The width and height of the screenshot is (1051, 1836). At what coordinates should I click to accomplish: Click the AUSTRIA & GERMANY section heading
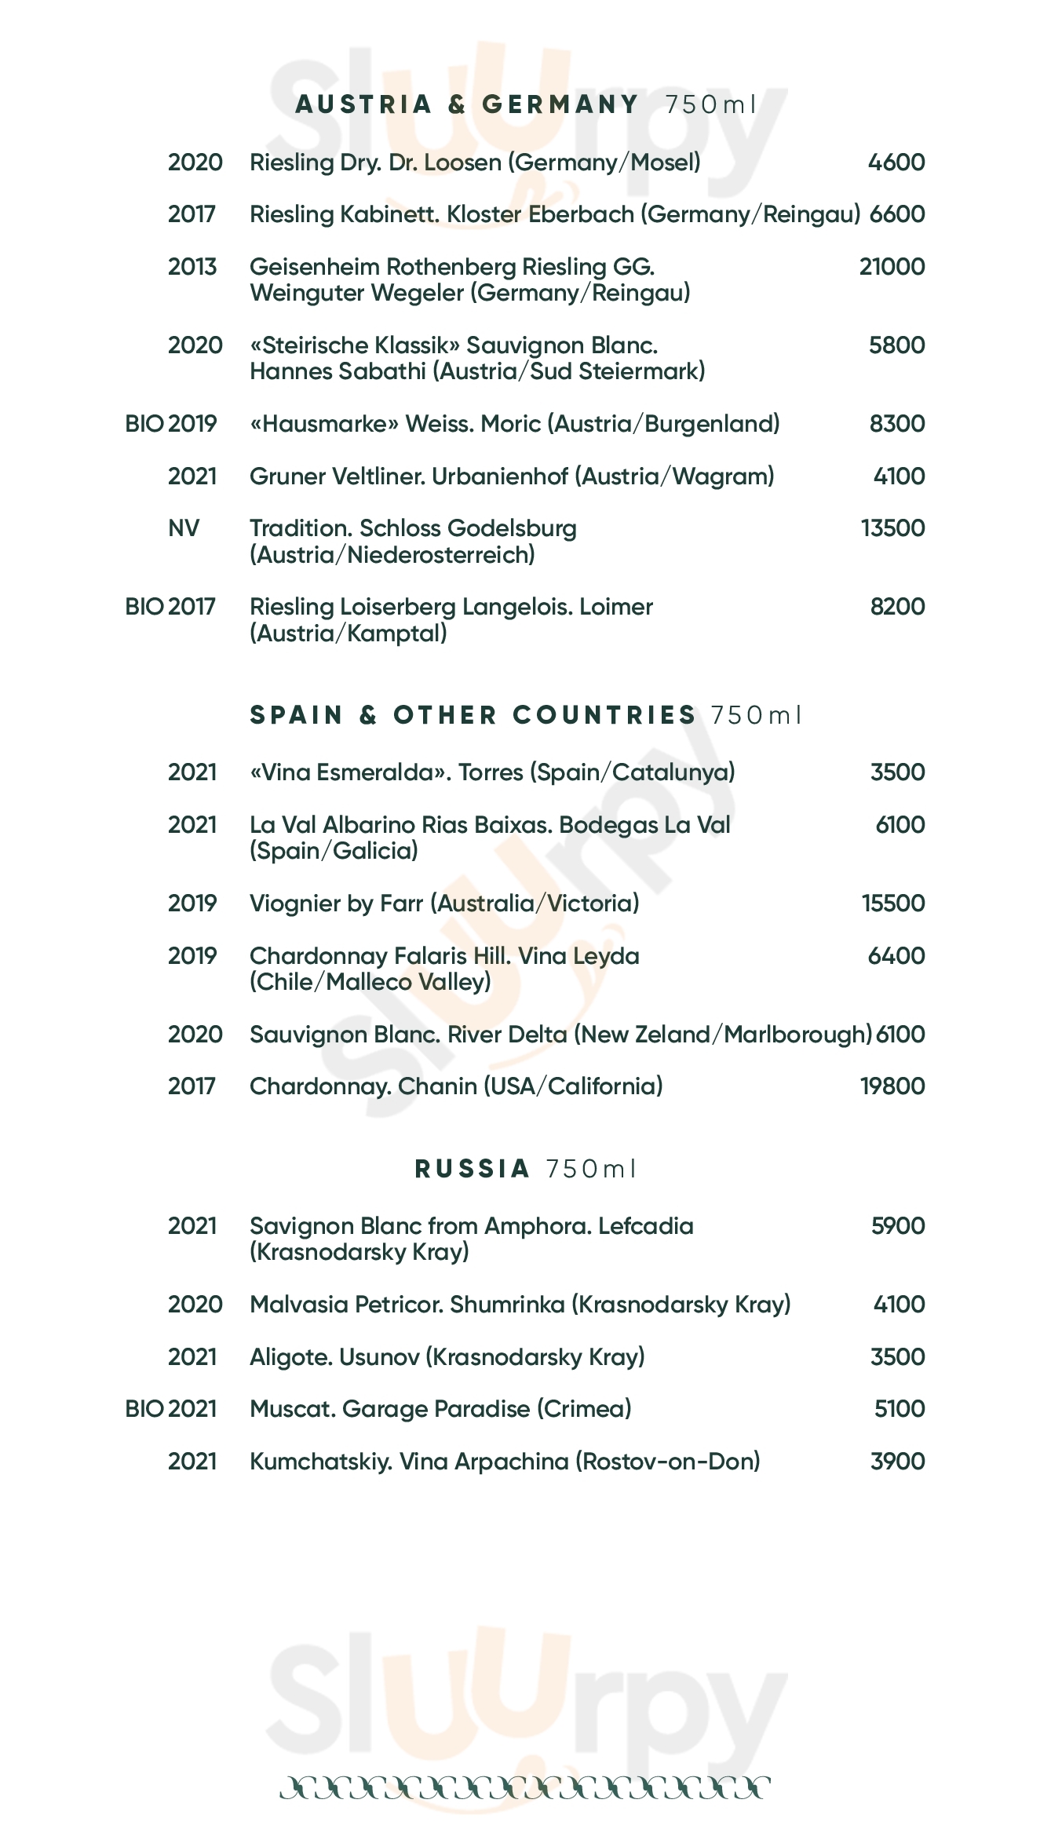(467, 104)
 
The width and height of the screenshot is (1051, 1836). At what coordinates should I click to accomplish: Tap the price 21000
(892, 267)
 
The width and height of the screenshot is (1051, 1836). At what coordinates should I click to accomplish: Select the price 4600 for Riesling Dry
(896, 162)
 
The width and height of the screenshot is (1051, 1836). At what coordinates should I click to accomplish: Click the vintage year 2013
(192, 267)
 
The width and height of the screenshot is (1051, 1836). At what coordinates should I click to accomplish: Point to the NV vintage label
(184, 528)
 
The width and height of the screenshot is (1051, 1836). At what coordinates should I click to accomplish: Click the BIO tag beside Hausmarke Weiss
(144, 424)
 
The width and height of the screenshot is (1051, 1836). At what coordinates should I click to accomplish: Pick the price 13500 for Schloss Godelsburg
(892, 528)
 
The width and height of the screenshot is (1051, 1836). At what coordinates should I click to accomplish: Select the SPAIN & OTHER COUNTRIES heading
(473, 715)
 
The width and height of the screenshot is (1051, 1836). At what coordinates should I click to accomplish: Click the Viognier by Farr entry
(444, 903)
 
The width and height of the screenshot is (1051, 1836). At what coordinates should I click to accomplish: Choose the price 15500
(893, 903)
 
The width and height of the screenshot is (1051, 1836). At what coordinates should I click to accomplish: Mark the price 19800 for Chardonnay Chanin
(892, 1086)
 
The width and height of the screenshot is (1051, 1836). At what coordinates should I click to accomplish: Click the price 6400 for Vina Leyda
(896, 956)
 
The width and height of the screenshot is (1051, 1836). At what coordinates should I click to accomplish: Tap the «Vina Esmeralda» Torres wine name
(492, 772)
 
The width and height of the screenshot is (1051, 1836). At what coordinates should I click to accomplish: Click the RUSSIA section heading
(473, 1169)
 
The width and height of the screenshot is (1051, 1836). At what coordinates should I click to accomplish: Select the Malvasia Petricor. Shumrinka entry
(520, 1305)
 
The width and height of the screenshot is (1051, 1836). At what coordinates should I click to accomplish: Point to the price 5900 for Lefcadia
(898, 1226)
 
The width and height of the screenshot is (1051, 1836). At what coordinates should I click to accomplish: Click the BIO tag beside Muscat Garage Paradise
(144, 1409)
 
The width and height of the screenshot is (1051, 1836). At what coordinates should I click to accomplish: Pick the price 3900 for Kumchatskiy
(898, 1462)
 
